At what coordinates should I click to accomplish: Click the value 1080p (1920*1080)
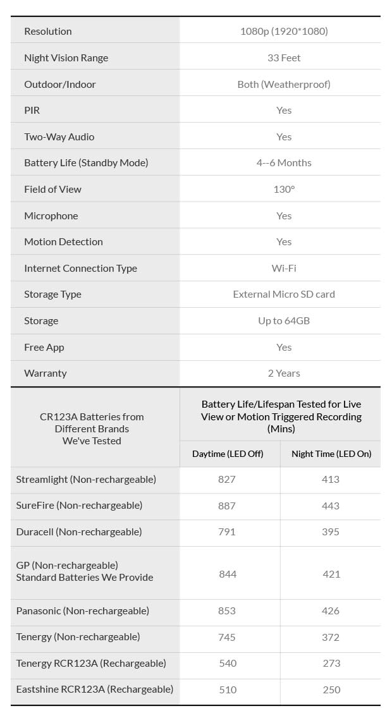coord(284,31)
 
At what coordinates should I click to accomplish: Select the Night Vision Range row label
coord(66,58)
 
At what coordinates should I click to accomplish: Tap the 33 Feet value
coord(284,58)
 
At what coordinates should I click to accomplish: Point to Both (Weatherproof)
coord(284,84)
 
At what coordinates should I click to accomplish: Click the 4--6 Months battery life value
coord(284,162)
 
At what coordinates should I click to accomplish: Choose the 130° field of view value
coord(284,189)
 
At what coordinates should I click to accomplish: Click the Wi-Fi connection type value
coord(284,268)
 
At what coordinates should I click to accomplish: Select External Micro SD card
coord(284,294)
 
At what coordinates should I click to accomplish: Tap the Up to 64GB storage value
coord(284,320)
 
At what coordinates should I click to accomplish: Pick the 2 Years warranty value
coord(284,373)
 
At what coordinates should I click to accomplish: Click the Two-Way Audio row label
coord(59,137)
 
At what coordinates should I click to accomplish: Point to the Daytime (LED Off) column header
coord(228,454)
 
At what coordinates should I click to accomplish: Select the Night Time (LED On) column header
coord(331,454)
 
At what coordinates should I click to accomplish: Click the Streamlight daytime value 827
coord(226,479)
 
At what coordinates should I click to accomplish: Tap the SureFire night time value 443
coord(331,506)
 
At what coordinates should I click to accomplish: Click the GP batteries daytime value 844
coord(227,574)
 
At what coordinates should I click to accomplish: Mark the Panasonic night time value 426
coord(331,611)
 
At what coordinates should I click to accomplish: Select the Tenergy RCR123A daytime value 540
coord(228,663)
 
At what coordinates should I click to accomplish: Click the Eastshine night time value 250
coord(331,690)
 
